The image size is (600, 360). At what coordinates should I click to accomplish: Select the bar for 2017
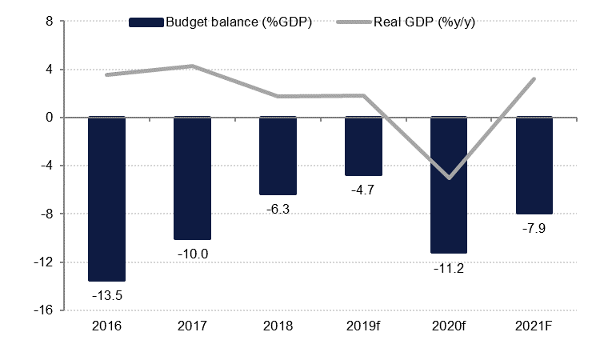point(192,178)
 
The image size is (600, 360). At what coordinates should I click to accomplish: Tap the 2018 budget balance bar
point(278,155)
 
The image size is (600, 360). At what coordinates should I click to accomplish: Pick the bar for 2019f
point(363,146)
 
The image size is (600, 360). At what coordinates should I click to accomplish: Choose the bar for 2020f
point(449,185)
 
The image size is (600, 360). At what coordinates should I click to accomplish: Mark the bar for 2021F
point(534,165)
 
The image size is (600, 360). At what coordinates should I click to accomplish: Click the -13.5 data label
point(106,295)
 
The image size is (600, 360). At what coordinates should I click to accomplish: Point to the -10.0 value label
point(192,254)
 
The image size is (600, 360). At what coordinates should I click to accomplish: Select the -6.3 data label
point(278,209)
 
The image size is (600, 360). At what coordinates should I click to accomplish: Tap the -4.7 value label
point(363,190)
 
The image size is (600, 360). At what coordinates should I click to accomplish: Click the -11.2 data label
point(449,268)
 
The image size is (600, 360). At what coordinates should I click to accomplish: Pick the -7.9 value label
point(534,228)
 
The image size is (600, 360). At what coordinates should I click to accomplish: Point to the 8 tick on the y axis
point(49,22)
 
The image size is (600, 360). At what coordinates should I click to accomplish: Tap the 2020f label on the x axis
point(449,326)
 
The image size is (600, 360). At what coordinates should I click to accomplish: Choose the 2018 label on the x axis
point(278,326)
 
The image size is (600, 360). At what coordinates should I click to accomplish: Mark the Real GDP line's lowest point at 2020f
point(449,178)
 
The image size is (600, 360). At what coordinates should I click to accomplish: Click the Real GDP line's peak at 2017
point(192,66)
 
